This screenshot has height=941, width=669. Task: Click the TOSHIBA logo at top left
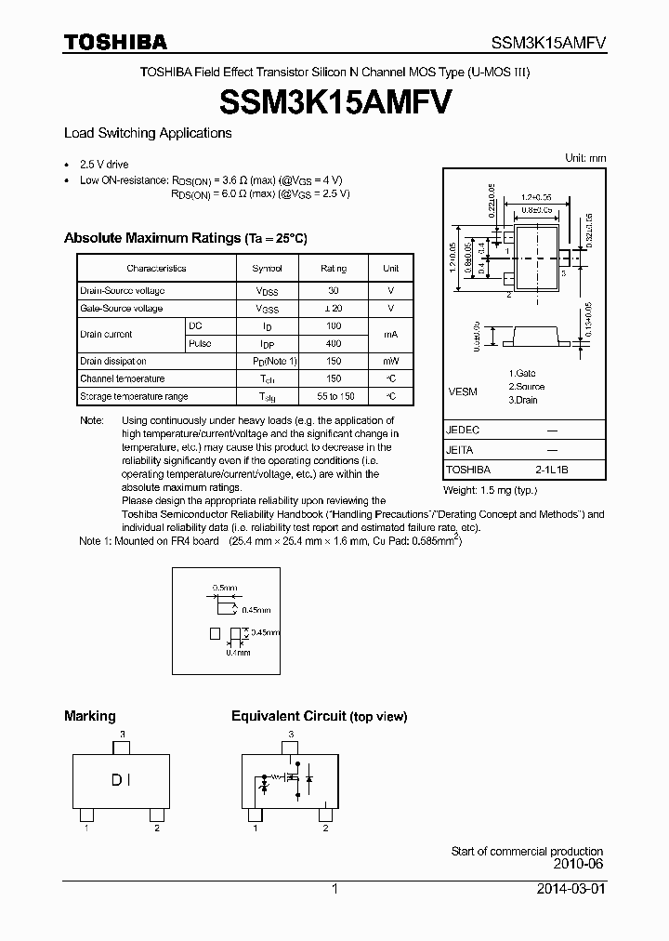115,42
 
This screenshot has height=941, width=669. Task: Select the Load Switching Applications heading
148,133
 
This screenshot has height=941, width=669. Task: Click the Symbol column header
268,268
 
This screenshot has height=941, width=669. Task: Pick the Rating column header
334,268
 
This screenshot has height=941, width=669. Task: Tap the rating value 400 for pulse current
334,343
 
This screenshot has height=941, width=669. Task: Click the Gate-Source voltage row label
122,308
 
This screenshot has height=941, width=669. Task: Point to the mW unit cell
391,361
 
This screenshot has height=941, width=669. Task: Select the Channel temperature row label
123,378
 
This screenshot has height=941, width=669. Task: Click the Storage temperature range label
134,396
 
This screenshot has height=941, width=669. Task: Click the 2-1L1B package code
551,470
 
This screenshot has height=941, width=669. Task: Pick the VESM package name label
463,391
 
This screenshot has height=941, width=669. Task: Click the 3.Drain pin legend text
524,400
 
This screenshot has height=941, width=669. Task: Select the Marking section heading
90,716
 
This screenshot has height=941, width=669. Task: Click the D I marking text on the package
122,780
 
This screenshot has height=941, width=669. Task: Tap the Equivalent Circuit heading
319,716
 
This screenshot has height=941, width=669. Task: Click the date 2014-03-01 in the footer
570,889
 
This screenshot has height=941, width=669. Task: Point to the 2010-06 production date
578,865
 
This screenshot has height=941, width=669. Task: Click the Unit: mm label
585,159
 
